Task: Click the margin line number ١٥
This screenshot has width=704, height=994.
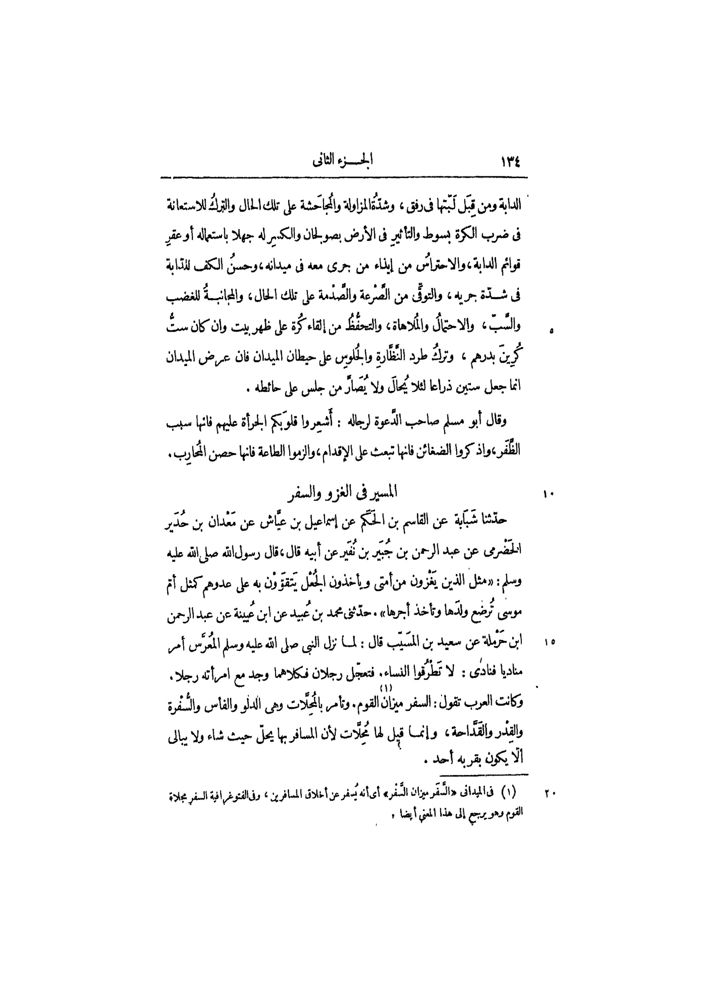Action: pyautogui.click(x=549, y=642)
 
